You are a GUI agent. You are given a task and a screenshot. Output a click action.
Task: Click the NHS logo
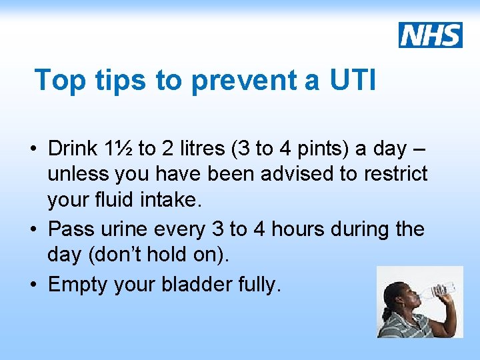pos(431,35)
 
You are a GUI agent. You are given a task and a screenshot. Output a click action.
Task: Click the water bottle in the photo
pos(440,289)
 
